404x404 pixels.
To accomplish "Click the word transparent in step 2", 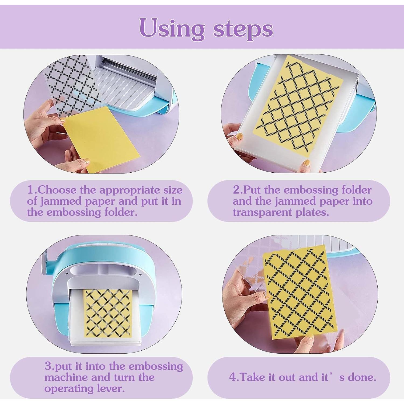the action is pos(262,213).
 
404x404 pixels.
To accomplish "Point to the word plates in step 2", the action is pos(312,213).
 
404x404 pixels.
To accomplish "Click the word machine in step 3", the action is pos(66,377).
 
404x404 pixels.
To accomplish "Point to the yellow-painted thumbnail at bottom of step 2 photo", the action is pos(307,163).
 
